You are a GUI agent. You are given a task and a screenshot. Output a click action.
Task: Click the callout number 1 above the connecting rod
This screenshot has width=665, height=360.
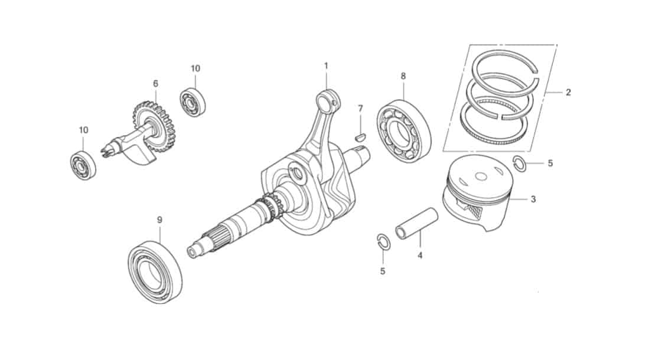click(326, 66)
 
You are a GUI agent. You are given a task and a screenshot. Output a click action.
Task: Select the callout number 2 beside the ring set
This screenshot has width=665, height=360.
click(568, 92)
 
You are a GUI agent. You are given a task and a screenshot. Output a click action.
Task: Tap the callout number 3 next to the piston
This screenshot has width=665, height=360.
click(533, 199)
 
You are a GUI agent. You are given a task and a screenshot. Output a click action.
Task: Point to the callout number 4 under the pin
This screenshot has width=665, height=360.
click(420, 256)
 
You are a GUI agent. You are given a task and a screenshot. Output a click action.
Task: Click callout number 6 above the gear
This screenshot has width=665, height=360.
click(156, 84)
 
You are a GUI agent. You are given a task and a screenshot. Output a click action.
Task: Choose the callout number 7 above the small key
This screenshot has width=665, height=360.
click(360, 109)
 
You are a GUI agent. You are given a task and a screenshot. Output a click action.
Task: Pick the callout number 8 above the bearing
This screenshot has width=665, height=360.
click(403, 76)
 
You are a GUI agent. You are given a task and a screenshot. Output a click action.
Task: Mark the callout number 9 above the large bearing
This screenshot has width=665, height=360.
click(159, 220)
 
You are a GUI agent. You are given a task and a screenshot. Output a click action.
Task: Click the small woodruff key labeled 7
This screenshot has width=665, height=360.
click(360, 137)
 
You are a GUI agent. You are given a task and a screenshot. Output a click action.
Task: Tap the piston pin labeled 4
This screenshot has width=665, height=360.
click(416, 223)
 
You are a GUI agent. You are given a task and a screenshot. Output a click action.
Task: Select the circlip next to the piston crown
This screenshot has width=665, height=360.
click(520, 163)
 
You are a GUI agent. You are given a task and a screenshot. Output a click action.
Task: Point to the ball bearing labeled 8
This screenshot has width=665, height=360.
click(404, 131)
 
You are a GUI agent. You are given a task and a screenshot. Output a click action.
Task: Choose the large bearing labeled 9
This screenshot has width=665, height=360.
click(155, 272)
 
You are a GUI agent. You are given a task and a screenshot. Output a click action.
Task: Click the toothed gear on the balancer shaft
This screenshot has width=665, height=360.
click(154, 126)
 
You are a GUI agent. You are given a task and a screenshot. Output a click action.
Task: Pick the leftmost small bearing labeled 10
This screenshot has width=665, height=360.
click(83, 165)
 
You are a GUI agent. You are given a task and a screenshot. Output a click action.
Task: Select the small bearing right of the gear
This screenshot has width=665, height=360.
click(193, 102)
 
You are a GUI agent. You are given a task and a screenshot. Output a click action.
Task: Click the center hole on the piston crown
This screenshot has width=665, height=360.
click(482, 176)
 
